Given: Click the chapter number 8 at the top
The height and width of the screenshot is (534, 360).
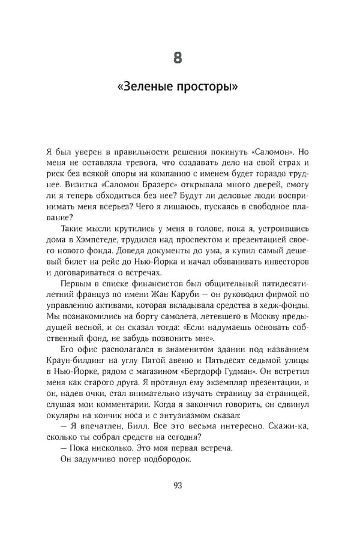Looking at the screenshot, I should click(178, 58).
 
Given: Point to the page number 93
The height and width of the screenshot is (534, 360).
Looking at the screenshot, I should click(178, 485).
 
